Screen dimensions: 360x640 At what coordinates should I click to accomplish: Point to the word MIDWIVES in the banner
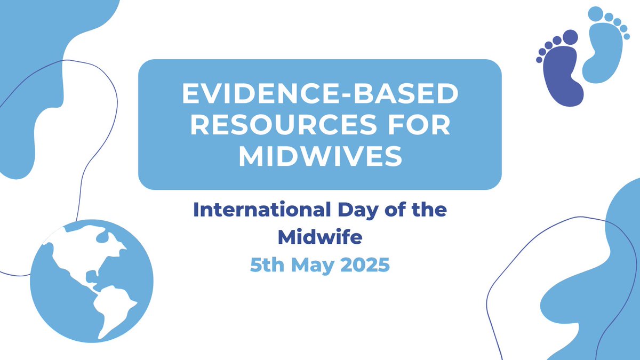(x=320, y=156)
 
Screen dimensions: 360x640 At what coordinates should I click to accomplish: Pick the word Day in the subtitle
(x=348, y=210)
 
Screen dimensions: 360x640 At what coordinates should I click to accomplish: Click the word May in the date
(x=311, y=265)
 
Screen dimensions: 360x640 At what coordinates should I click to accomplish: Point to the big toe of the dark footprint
(x=570, y=37)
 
